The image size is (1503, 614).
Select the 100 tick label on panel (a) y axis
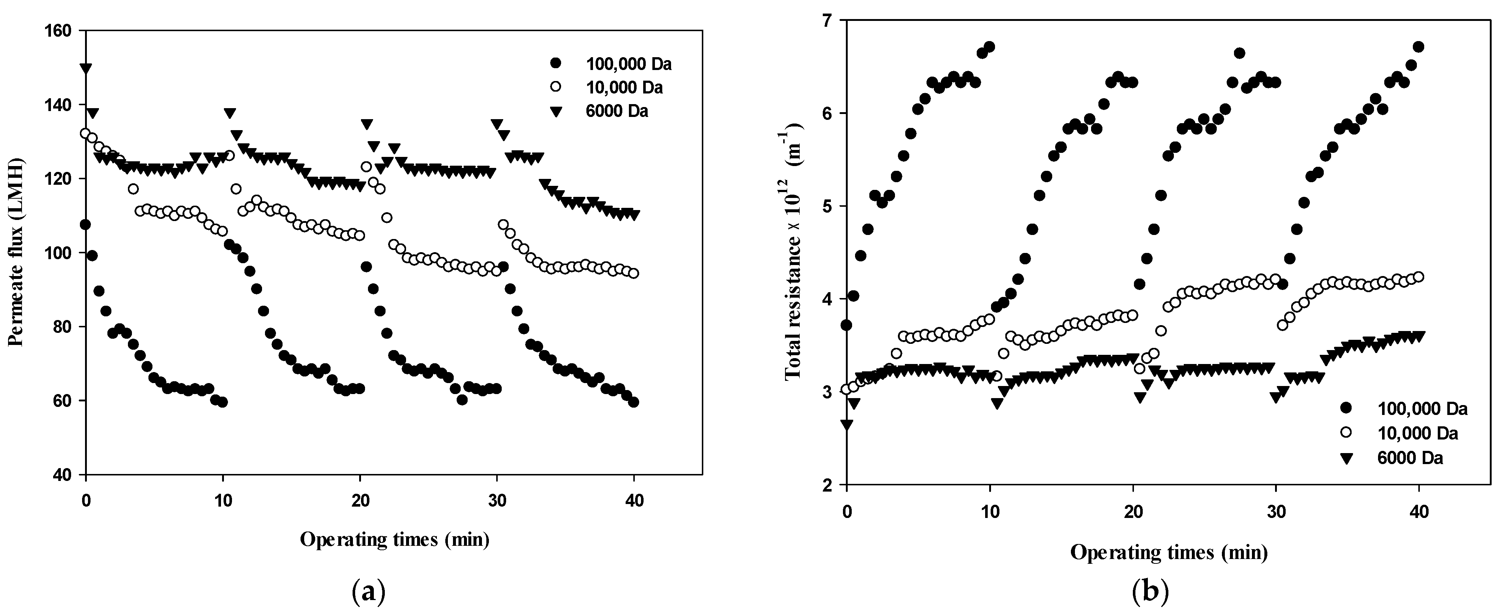(56, 253)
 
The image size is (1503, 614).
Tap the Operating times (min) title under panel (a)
(394, 539)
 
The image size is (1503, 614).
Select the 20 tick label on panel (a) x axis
(360, 501)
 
